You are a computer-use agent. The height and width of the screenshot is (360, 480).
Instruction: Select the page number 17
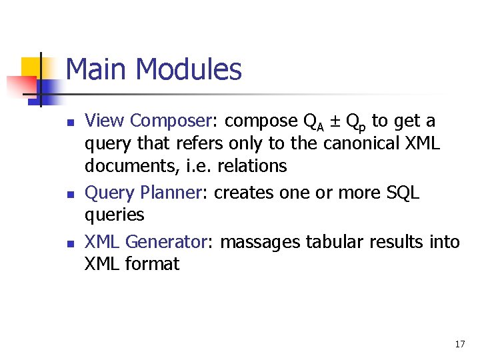(x=459, y=344)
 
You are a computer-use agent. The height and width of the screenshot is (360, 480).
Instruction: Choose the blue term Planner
(x=171, y=193)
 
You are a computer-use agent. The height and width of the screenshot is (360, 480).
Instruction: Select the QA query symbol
(x=313, y=122)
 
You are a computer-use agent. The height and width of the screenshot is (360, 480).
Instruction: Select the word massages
(x=260, y=243)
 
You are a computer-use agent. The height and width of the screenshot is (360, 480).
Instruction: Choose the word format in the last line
(x=152, y=264)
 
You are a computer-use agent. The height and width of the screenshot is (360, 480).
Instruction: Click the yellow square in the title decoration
(x=31, y=67)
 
